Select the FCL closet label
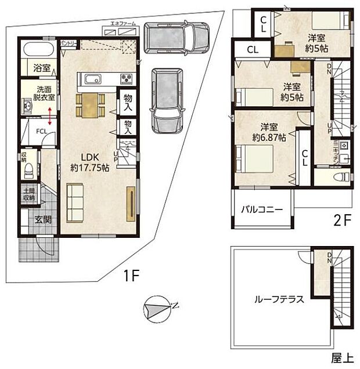point(42,132)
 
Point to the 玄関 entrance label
point(42,220)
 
